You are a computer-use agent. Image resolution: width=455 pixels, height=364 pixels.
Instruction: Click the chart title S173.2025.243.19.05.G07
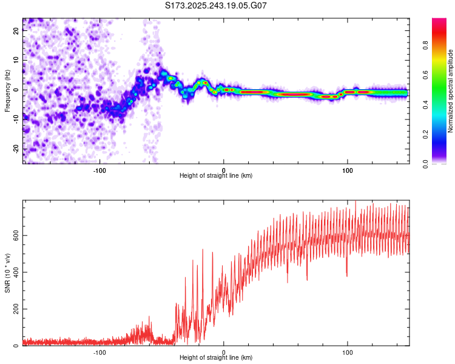216,5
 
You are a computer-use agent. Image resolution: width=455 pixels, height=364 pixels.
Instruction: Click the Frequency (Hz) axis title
7,91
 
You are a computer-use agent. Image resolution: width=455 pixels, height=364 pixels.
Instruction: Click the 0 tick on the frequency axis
17,90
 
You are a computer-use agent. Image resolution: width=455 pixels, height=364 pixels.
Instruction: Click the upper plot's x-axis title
216,175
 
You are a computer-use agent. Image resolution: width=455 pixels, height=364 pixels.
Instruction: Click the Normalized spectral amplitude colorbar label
450,91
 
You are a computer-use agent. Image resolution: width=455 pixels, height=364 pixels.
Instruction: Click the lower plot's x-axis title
216,358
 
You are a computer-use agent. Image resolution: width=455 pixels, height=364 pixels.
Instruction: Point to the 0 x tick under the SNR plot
224,351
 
